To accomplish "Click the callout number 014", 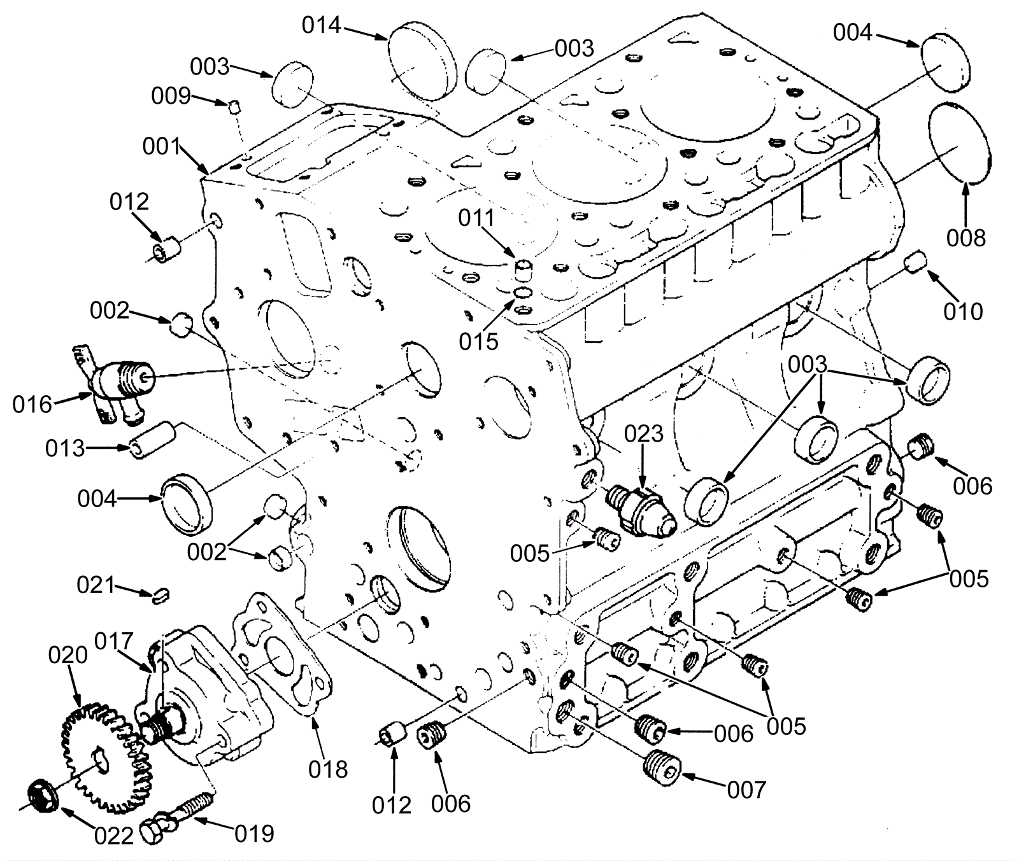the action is [321, 25].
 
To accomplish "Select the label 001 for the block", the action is [162, 146].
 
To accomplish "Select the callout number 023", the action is [643, 434].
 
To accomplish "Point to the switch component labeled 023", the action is [641, 510].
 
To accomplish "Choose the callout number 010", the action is [964, 312].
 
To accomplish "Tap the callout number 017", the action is [114, 641].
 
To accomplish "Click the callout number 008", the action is [966, 238].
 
